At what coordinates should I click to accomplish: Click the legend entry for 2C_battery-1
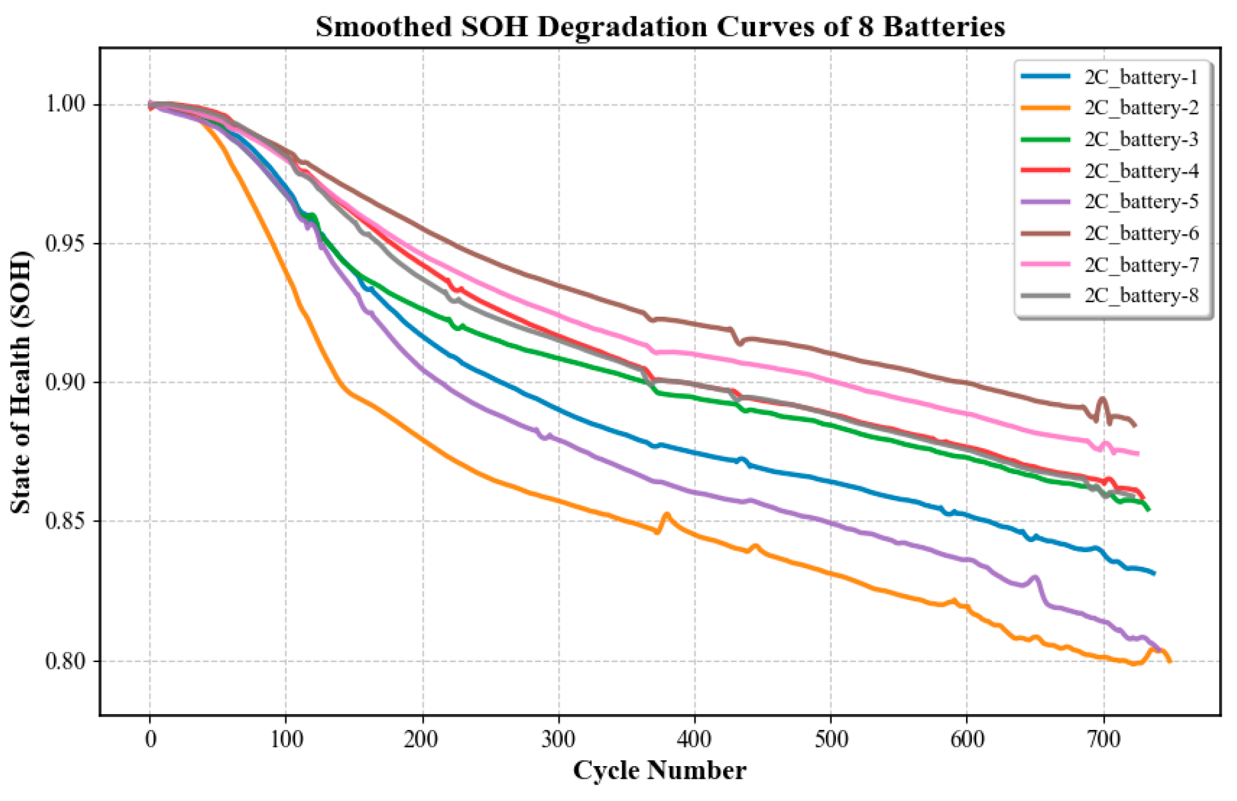click(1141, 77)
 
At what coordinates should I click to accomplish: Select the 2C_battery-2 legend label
click(1141, 108)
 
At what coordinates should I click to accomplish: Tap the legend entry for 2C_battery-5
click(1141, 202)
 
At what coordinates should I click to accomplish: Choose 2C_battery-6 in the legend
click(1141, 233)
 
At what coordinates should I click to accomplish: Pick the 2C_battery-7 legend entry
click(1141, 264)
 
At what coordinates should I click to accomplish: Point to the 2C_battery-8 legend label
click(1141, 295)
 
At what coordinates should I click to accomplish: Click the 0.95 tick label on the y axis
click(66, 243)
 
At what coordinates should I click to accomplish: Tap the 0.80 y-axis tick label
click(66, 661)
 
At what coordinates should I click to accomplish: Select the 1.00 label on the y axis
click(66, 104)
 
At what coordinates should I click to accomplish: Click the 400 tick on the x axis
click(695, 739)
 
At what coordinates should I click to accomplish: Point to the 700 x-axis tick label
click(1104, 739)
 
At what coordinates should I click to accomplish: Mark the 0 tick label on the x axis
click(150, 739)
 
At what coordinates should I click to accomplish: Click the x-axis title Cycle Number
click(660, 771)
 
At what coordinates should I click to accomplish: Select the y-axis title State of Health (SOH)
click(20, 382)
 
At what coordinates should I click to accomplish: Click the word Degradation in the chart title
click(622, 27)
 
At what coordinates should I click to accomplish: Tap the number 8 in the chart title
click(865, 27)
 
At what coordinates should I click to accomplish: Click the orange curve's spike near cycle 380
click(667, 515)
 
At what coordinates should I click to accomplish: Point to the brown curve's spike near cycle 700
click(1102, 399)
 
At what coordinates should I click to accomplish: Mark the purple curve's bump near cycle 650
click(1035, 578)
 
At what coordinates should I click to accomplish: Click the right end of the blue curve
click(1153, 573)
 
